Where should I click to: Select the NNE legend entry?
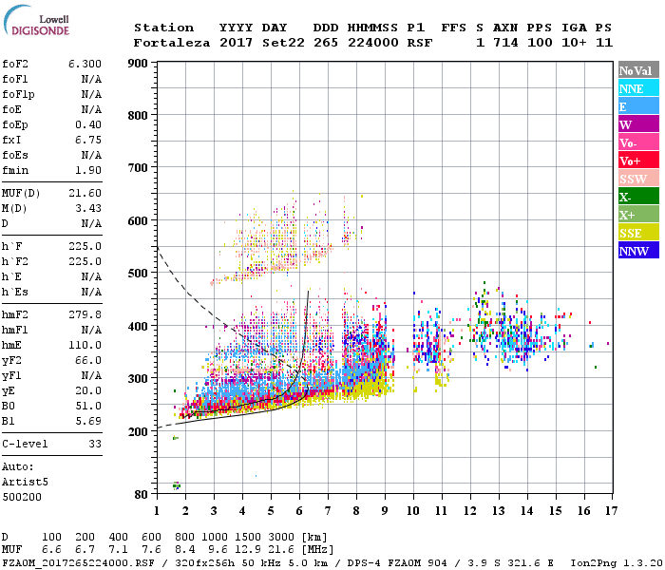[637, 88]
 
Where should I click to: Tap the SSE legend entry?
[637, 234]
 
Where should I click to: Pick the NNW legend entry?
[637, 252]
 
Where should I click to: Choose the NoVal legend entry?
[637, 70]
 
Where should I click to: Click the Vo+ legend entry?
[637, 161]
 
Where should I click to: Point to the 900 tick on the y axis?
[140, 64]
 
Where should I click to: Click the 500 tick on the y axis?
[140, 274]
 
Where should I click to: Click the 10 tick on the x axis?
[411, 510]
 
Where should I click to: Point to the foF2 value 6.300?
[85, 64]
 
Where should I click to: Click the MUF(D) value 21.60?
[85, 193]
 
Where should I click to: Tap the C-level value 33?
[95, 443]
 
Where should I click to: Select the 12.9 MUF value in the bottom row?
[249, 550]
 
